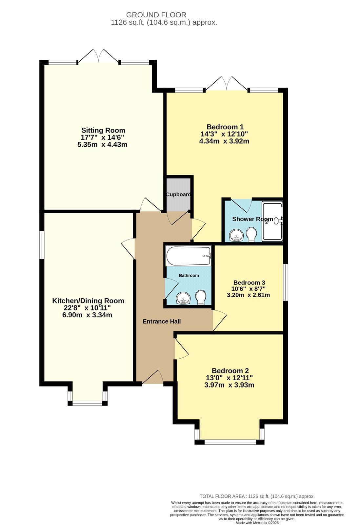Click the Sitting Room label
pos(103,130)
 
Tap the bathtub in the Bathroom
pos(189,256)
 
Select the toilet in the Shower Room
pos(252,234)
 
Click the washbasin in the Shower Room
pos(236,235)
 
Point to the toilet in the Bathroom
pos(201,297)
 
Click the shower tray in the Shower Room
pos(272,221)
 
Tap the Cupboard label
pos(178,195)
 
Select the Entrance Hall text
pos(162,321)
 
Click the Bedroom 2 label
pos(230,371)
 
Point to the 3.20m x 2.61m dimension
pos(248,295)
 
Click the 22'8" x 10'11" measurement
pos(87,307)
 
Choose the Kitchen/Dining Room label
pos(88,301)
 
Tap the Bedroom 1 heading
pos(225,127)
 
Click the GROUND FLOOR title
pos(156,15)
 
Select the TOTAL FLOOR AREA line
pos(257,496)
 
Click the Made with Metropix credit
pos(257,523)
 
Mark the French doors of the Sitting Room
pos(98,56)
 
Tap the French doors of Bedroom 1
pos(226,83)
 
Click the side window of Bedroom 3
pos(286,282)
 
